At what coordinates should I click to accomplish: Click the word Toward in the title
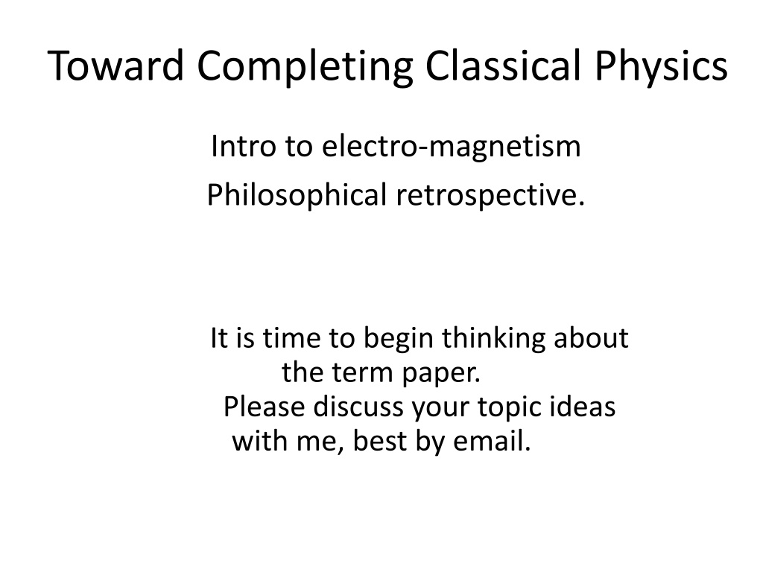115,66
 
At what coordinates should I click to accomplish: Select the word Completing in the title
305,68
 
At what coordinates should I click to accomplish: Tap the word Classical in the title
503,65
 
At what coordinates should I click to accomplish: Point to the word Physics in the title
661,68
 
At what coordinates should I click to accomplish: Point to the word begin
399,340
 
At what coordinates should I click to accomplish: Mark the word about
591,337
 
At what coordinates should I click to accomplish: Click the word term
363,373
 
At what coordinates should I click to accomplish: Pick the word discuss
358,406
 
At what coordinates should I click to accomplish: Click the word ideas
583,406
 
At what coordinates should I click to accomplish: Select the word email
492,441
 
